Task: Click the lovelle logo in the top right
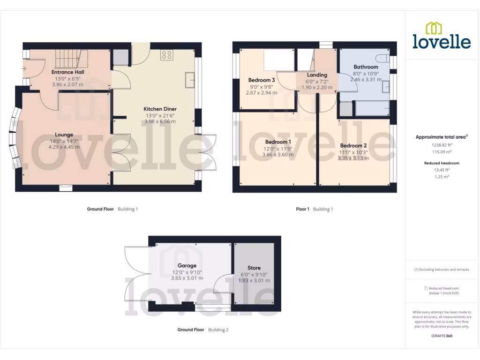pos(442,36)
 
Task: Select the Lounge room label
pos(64,135)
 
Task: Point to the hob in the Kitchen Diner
pos(167,55)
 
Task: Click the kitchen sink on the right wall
pos(190,80)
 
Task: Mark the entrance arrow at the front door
pos(24,68)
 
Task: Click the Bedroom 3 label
pos(262,80)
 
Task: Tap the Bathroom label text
pos(366,67)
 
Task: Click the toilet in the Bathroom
pos(383,59)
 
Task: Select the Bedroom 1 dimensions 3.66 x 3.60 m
pos(277,155)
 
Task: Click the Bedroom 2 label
pos(353,145)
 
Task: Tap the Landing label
pos(317,75)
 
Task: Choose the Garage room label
pos(187,265)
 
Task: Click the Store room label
pos(254,268)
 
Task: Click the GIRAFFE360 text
pos(442,336)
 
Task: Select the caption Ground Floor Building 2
pos(202,330)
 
